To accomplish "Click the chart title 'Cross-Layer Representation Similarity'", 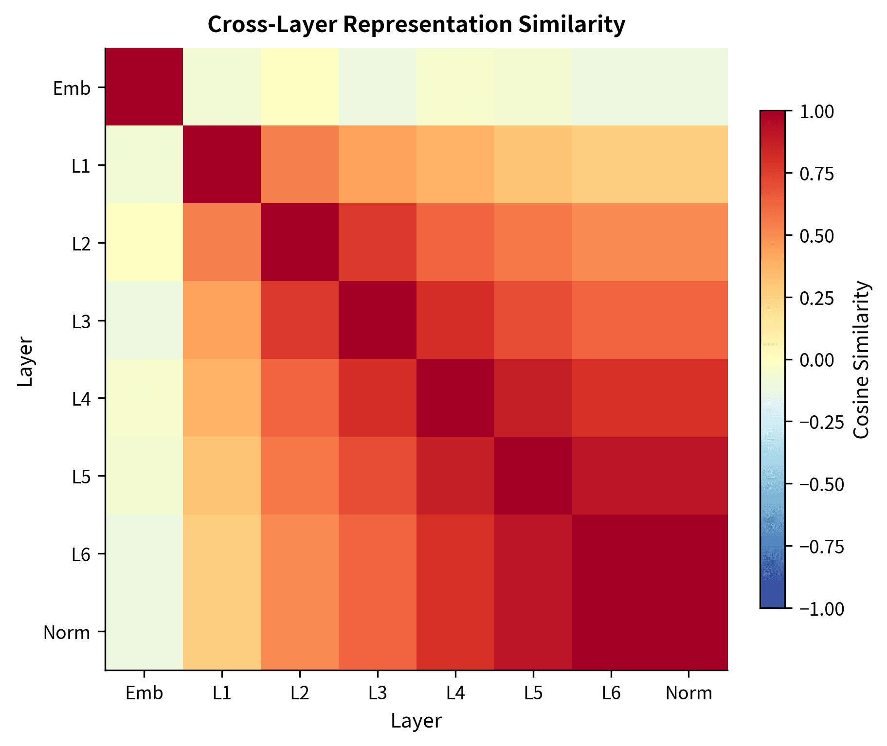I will click(416, 25).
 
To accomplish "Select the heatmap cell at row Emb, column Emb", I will click(144, 87).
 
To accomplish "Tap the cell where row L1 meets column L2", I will click(300, 165).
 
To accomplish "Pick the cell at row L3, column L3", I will click(378, 320).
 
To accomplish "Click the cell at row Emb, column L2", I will click(300, 87).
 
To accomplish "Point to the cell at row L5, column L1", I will click(222, 476).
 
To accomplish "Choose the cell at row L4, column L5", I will click(533, 398).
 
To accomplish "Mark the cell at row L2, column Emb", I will click(144, 243).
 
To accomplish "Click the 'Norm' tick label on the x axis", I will click(688, 693).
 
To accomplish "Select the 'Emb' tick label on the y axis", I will click(72, 89).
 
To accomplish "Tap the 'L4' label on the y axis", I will click(81, 399).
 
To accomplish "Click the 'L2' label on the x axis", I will click(300, 693).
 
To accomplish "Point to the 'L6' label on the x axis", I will click(611, 693).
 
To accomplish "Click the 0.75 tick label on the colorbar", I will click(816, 174).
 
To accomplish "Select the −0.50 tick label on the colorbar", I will click(822, 485).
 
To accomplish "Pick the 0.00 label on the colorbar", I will click(816, 360).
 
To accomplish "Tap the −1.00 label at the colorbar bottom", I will click(822, 609).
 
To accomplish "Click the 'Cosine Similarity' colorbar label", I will click(861, 360).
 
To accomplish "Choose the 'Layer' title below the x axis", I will click(416, 721).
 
